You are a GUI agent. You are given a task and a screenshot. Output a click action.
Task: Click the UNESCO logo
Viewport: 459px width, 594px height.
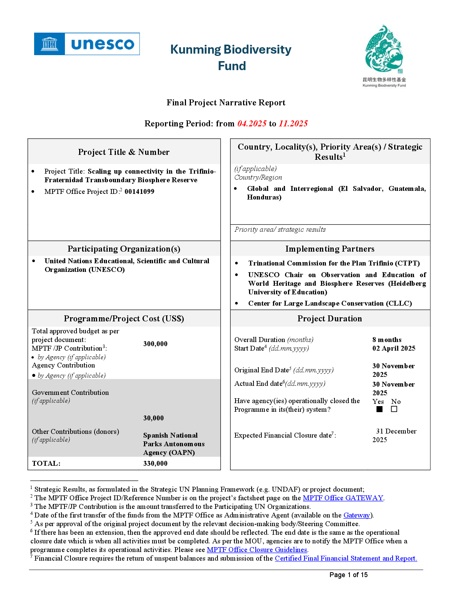point(87,44)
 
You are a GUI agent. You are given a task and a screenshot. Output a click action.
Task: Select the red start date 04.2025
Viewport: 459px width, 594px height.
point(252,123)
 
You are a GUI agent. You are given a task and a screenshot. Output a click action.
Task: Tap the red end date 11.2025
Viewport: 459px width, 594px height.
point(293,123)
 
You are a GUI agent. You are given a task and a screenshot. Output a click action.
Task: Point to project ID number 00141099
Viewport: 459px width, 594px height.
point(139,192)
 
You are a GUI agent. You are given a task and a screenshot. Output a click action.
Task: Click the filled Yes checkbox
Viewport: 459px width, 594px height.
point(379,409)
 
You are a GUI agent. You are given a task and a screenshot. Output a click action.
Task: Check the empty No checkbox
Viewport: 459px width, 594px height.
point(394,409)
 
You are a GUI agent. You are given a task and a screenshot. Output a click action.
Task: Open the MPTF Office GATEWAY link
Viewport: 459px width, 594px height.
point(343,498)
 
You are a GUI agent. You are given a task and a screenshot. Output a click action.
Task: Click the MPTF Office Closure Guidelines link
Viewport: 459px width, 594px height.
point(257,550)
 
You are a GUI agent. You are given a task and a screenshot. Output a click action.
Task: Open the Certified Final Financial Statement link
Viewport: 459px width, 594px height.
point(346,558)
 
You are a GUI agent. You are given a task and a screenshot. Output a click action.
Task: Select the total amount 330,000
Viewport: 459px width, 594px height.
point(155,463)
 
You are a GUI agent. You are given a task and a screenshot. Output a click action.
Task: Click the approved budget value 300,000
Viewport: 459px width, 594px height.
point(155,344)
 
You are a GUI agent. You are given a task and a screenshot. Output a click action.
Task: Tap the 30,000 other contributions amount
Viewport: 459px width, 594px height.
point(153,418)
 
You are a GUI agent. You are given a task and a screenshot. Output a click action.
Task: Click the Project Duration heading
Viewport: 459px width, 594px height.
point(330,319)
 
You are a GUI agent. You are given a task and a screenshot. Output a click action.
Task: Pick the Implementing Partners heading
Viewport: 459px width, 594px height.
point(330,249)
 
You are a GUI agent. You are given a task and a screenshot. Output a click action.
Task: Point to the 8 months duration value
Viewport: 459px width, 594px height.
point(387,340)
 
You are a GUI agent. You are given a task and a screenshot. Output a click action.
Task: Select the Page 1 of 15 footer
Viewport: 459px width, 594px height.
point(348,575)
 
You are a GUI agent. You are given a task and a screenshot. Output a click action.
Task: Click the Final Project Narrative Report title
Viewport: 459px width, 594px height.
point(226,103)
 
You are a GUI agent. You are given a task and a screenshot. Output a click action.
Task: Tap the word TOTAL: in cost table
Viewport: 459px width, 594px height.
point(46,463)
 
